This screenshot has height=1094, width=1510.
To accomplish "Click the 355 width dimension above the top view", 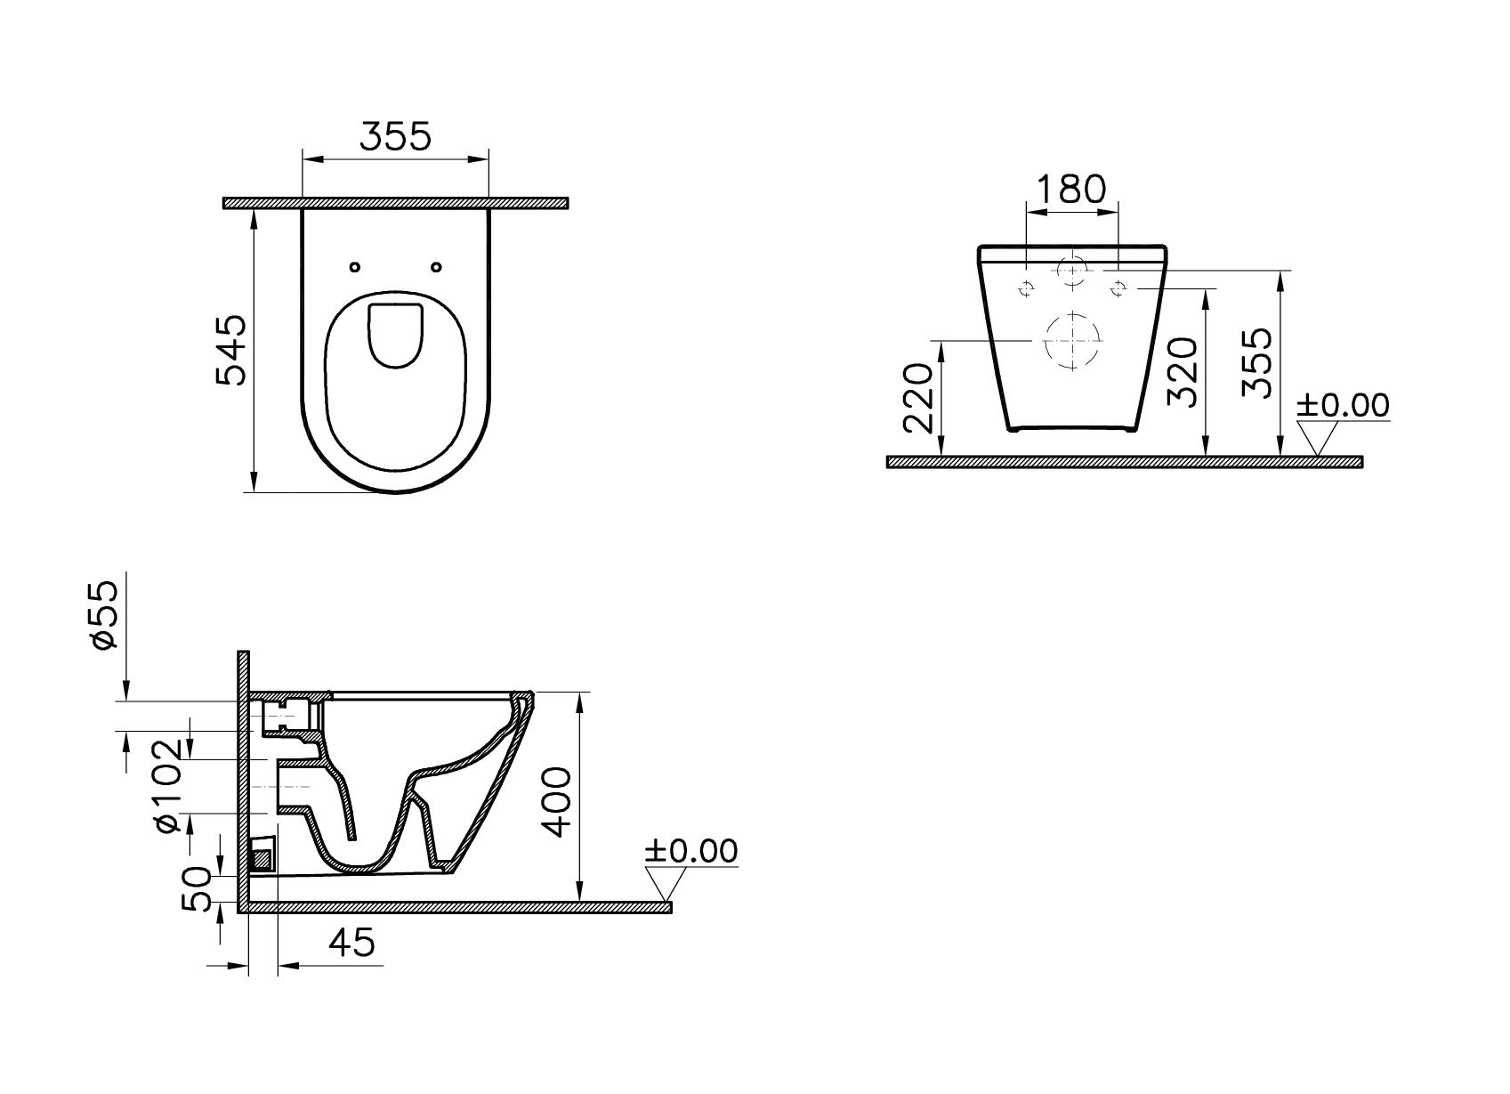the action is point(395,137).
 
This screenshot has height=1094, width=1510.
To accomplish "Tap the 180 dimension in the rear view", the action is point(1071,189).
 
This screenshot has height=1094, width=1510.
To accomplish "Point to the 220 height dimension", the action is point(917,399).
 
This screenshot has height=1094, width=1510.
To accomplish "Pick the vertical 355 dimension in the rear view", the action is point(1257,362).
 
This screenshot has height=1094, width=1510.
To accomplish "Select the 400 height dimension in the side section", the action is point(557,801).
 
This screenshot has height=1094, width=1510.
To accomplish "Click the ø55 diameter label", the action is point(105,615).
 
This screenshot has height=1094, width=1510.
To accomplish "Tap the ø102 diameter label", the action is point(168,786).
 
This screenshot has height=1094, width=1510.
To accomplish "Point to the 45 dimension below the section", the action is point(351,942).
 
